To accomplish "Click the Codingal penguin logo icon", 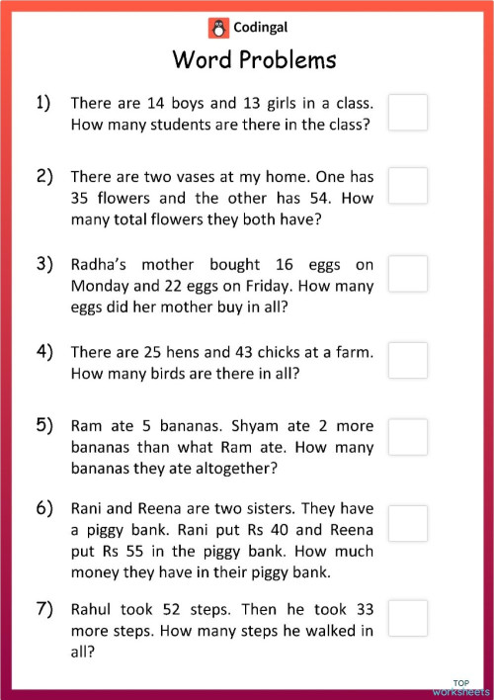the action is tap(216, 27).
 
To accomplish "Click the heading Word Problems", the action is tap(254, 59).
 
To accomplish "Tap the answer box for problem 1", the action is tap(408, 112).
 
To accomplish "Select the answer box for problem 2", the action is tap(408, 185).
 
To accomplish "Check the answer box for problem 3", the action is tap(408, 273).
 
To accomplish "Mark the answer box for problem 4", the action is tap(408, 360).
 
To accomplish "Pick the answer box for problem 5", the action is tap(408, 436).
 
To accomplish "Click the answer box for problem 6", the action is tap(408, 523).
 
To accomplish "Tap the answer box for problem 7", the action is tap(408, 618).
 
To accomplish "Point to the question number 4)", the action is tap(44, 351).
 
